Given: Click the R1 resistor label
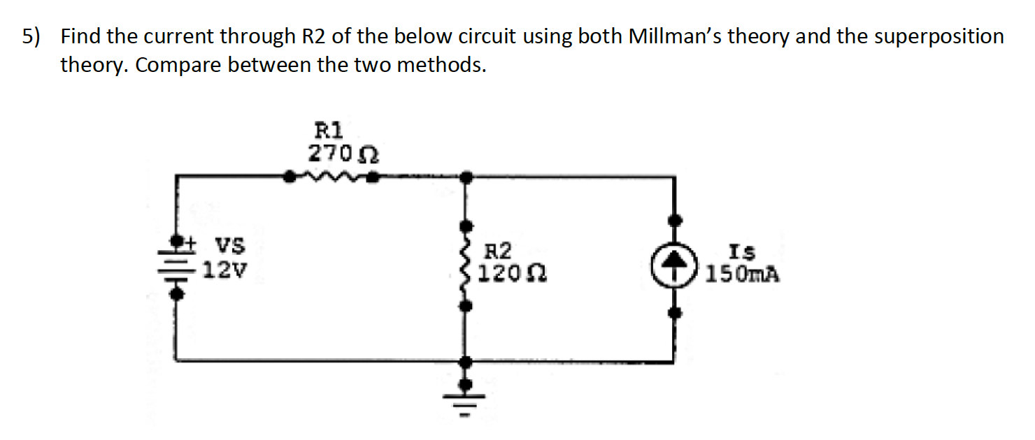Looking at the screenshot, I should click(328, 130).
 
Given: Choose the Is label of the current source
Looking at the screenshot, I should click(741, 251).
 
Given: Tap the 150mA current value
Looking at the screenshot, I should click(742, 273).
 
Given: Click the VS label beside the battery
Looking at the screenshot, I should click(229, 247).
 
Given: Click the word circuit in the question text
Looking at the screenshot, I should click(532, 36).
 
